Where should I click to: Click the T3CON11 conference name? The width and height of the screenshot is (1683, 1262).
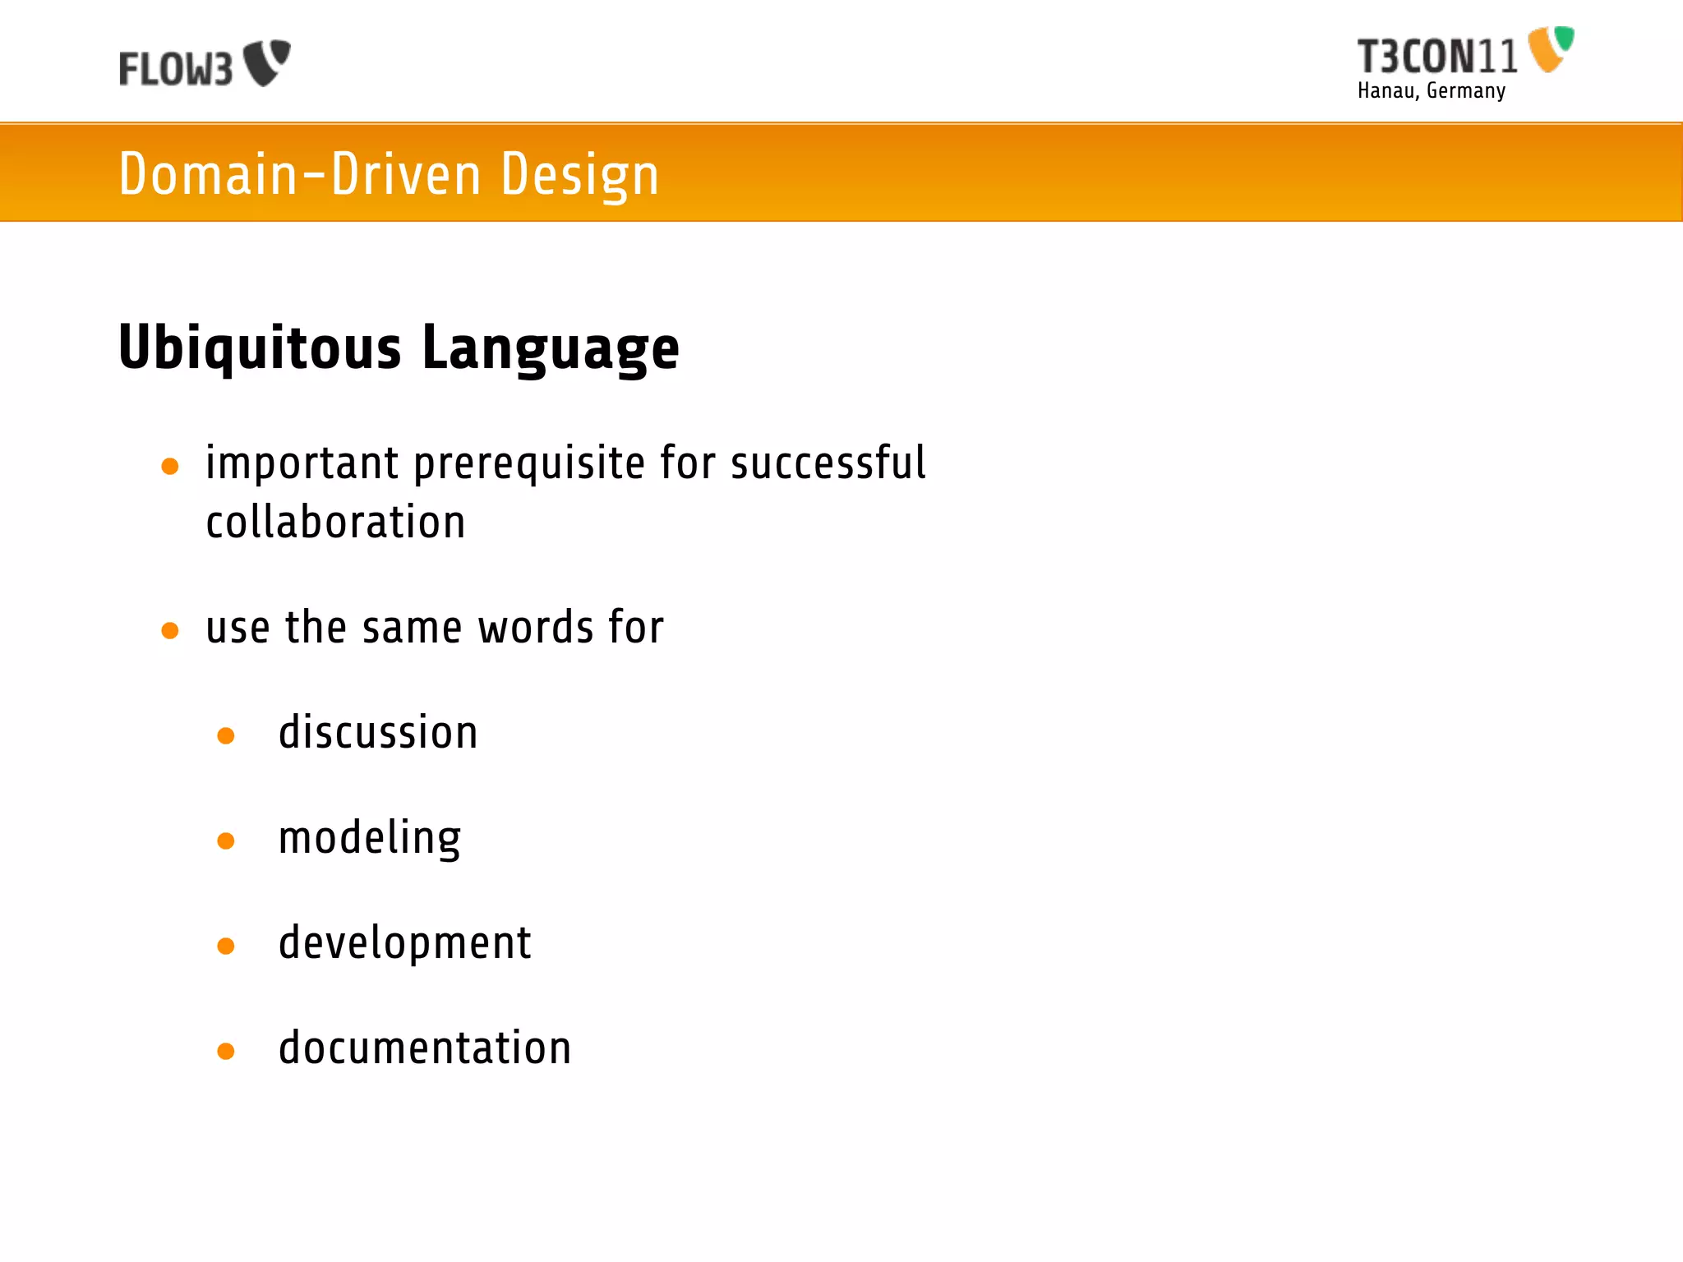pyautogui.click(x=1436, y=57)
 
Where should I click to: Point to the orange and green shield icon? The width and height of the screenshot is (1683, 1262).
pyautogui.click(x=1550, y=48)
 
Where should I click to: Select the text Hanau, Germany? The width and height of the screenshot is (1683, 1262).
pyautogui.click(x=1431, y=90)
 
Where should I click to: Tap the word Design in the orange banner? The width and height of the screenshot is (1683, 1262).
pyautogui.click(x=579, y=174)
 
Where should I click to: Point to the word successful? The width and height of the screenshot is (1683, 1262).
pyautogui.click(x=828, y=463)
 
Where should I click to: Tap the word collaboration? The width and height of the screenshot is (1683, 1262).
pyautogui.click(x=335, y=523)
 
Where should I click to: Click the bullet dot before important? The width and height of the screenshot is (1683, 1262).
pyautogui.click(x=170, y=467)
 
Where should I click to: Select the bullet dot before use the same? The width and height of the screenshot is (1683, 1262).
pyautogui.click(x=170, y=631)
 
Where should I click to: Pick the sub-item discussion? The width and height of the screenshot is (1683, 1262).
pyautogui.click(x=378, y=732)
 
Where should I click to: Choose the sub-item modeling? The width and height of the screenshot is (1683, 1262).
pyautogui.click(x=370, y=838)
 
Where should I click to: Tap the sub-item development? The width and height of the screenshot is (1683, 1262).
pyautogui.click(x=404, y=942)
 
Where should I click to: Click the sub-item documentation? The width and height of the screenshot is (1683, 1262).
pyautogui.click(x=425, y=1048)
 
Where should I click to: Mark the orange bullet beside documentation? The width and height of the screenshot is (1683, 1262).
pyautogui.click(x=226, y=1051)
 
